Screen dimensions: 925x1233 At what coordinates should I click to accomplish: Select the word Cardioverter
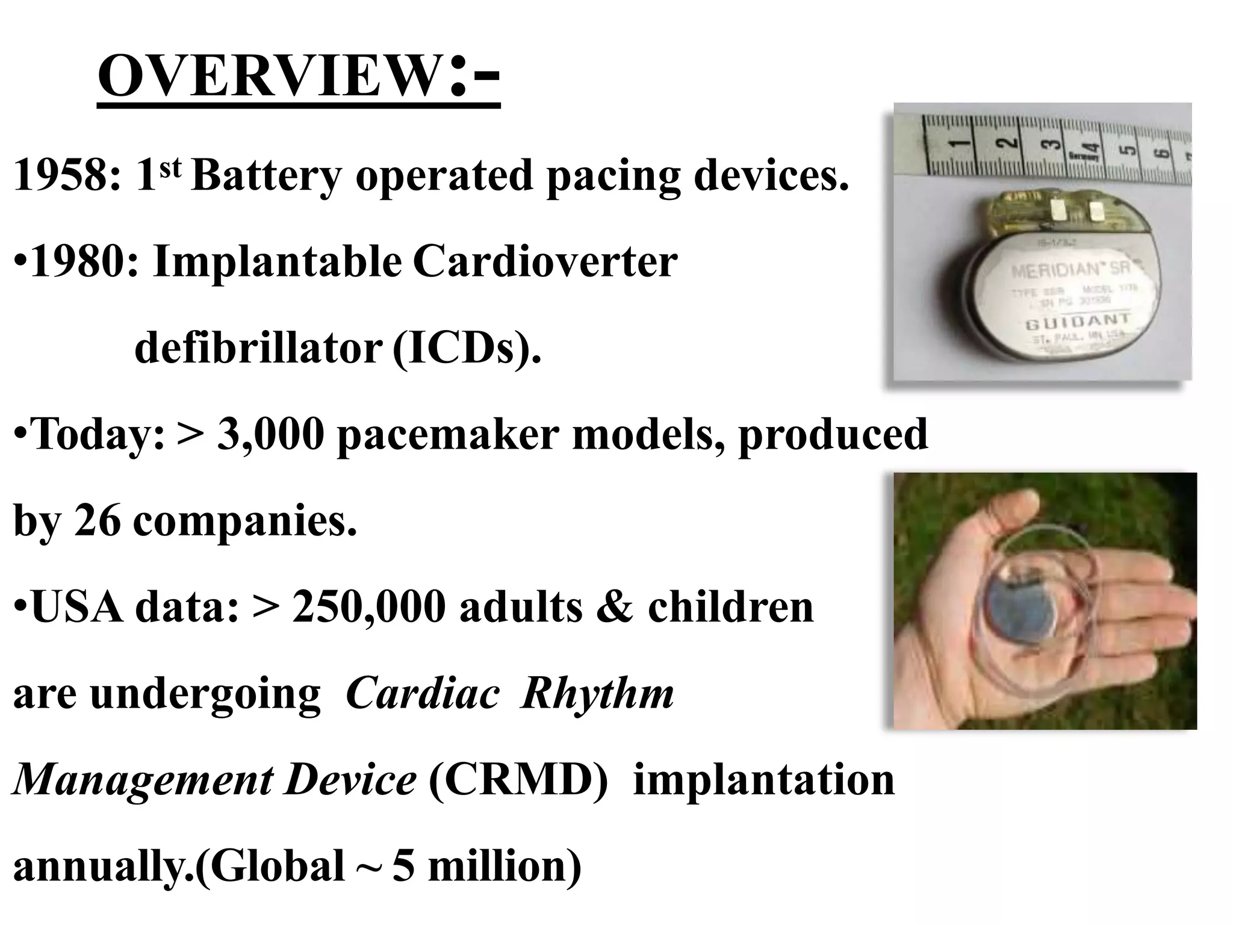[545, 263]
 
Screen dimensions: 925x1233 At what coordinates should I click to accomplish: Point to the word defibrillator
[258, 349]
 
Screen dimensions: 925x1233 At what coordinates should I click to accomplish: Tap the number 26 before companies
[98, 521]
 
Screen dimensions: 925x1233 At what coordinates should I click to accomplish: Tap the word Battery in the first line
[267, 176]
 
